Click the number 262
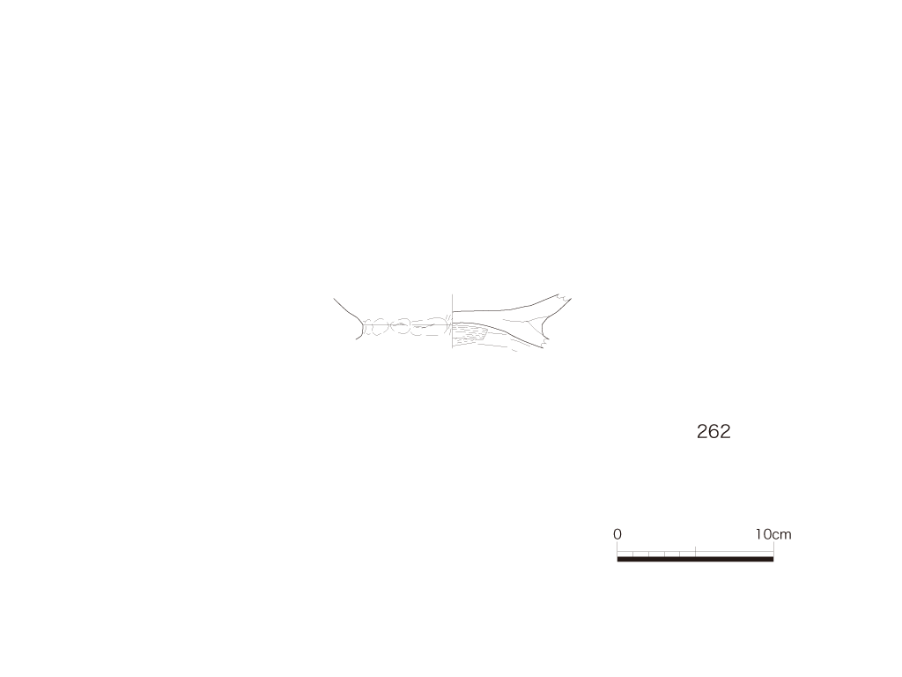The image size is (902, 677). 713,431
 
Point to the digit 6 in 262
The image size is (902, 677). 713,431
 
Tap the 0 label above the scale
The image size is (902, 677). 617,534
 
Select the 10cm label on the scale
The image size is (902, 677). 773,534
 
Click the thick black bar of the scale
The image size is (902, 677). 696,559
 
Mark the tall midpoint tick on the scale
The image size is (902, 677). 696,552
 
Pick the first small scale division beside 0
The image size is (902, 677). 625,554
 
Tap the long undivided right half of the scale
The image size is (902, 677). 735,554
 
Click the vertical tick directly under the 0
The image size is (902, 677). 617,549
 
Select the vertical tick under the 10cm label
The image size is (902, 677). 773,549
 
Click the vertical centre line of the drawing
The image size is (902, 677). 452,322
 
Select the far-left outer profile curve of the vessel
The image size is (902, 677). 347,317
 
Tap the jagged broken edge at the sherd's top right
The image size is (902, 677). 565,298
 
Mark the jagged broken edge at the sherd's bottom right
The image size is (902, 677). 544,343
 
